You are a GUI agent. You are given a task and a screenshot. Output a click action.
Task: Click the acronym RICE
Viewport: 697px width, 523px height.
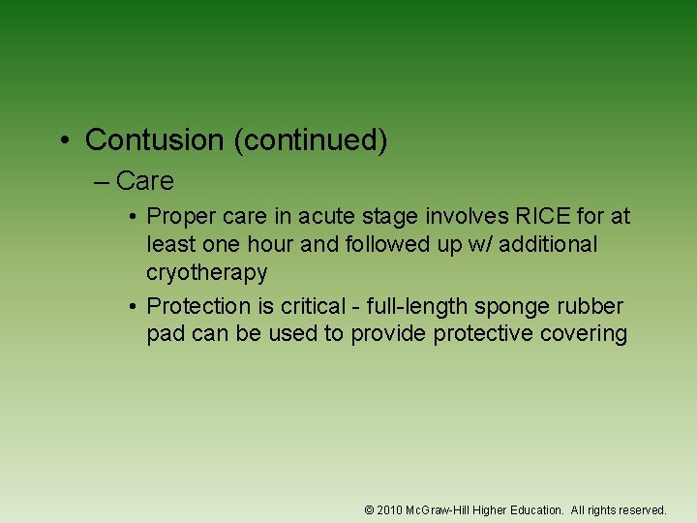[515, 217]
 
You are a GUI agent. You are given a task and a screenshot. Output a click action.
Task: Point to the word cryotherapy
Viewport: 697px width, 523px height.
[206, 273]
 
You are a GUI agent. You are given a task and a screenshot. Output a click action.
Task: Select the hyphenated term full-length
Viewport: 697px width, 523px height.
[422, 306]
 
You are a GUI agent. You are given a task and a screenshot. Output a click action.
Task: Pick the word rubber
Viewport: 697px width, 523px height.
[594, 306]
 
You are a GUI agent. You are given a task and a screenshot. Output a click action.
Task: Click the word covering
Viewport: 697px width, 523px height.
[584, 334]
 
